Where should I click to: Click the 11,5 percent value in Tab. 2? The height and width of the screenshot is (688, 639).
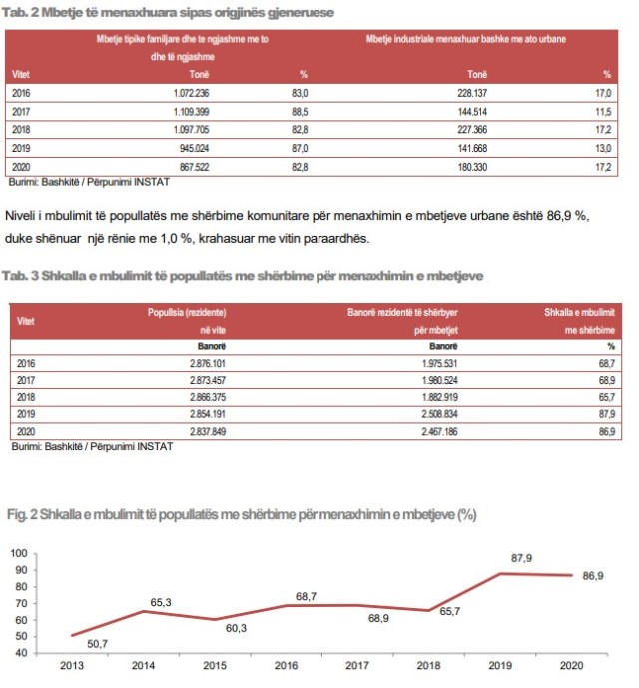[601, 111]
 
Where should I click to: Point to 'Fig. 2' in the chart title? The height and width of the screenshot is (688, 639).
[23, 515]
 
